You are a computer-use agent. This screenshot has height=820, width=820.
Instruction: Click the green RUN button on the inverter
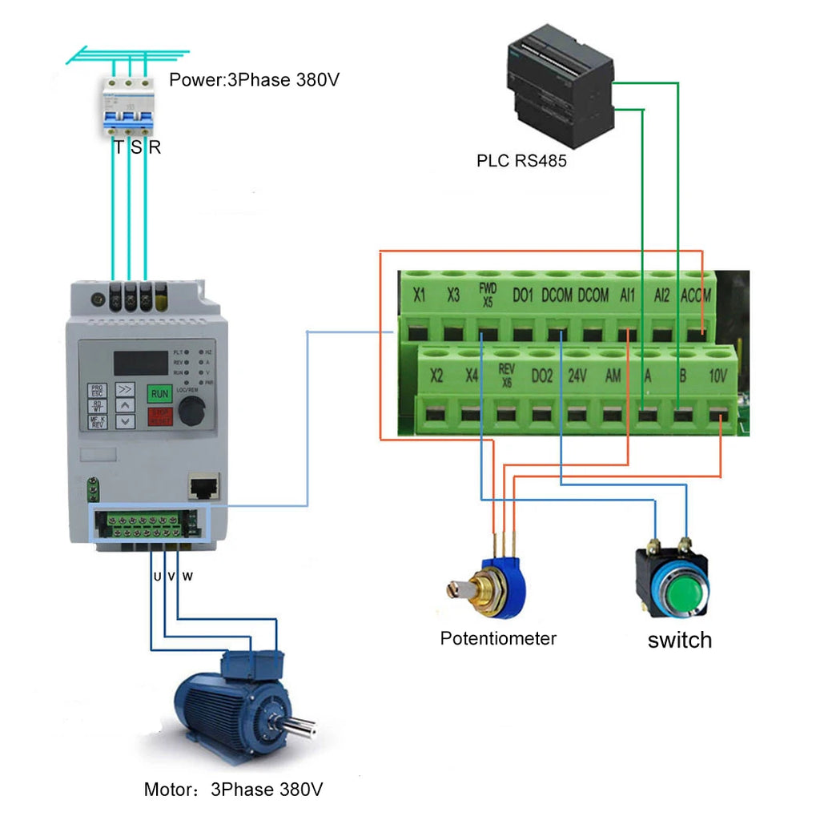click(x=159, y=393)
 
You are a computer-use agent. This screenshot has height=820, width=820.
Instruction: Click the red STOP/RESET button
click(x=159, y=416)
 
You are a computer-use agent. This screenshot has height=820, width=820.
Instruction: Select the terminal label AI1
click(x=627, y=295)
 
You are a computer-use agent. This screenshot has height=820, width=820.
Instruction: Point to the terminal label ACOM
click(x=695, y=295)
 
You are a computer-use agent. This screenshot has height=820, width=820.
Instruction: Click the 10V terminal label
click(x=718, y=375)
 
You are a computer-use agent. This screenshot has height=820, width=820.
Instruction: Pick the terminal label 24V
click(x=577, y=375)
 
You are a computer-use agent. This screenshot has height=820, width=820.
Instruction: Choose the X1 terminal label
click(x=419, y=295)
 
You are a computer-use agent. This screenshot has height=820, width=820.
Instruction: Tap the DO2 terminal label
click(x=542, y=375)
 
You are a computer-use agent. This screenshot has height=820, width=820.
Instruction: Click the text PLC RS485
click(x=521, y=161)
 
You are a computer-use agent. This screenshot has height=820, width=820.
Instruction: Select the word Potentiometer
click(x=498, y=638)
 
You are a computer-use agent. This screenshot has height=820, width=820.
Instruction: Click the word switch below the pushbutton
click(x=679, y=640)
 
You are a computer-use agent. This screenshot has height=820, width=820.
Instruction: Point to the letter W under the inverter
click(x=187, y=576)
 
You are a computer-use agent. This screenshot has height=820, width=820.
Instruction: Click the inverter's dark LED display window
click(x=140, y=363)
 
